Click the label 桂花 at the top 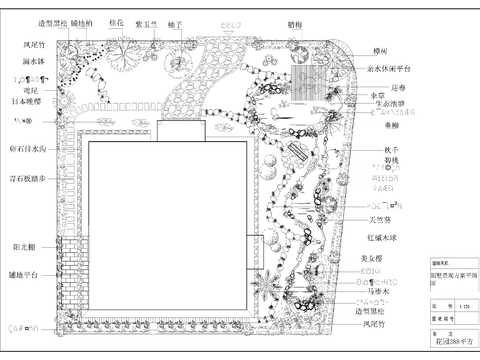click(x=116, y=21)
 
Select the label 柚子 click(x=174, y=21)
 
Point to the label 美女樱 click(x=373, y=257)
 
